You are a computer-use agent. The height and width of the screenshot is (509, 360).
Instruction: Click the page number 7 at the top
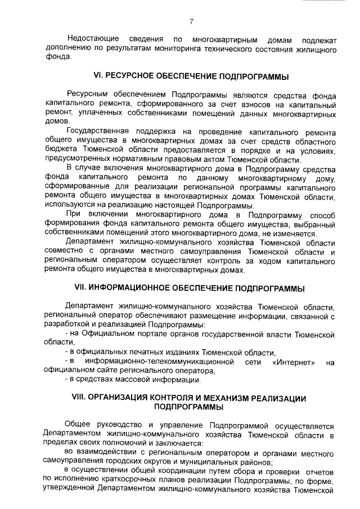(191, 22)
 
